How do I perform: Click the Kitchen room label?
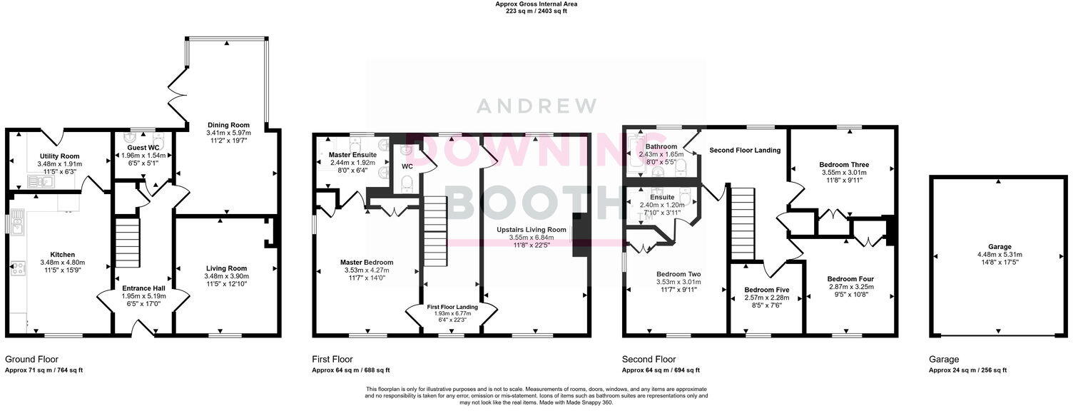tap(62, 255)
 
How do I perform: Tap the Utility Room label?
tap(59, 156)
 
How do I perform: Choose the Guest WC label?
tap(143, 148)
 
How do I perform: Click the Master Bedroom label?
tap(367, 263)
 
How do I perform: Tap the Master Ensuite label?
tap(352, 154)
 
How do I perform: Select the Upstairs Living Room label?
tap(532, 230)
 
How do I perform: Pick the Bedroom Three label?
tap(843, 164)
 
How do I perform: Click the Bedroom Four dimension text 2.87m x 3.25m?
tap(850, 287)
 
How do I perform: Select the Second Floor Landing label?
tap(744, 150)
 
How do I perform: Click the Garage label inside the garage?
tap(999, 246)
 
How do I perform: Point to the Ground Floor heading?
tap(32, 360)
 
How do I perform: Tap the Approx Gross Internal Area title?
tap(536, 4)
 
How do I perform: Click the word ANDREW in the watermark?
tap(536, 106)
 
